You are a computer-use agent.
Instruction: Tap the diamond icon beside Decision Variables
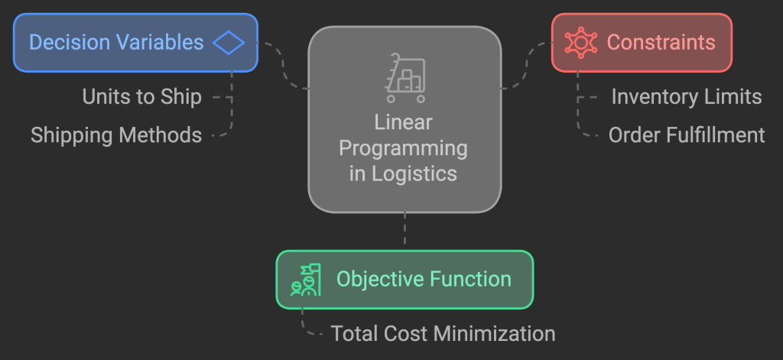click(228, 42)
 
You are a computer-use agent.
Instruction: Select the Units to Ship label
click(142, 97)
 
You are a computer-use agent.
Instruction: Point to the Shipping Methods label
click(116, 135)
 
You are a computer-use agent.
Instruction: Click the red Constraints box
click(642, 42)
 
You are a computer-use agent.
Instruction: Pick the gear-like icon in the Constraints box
click(581, 42)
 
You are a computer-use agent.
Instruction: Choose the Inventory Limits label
click(687, 97)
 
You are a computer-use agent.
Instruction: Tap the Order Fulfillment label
click(687, 135)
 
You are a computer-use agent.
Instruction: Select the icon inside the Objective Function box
click(306, 280)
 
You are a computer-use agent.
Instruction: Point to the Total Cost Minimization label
click(443, 334)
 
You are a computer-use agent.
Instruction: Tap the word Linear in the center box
click(404, 122)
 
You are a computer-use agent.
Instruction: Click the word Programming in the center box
click(404, 148)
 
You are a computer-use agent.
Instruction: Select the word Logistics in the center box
click(414, 174)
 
